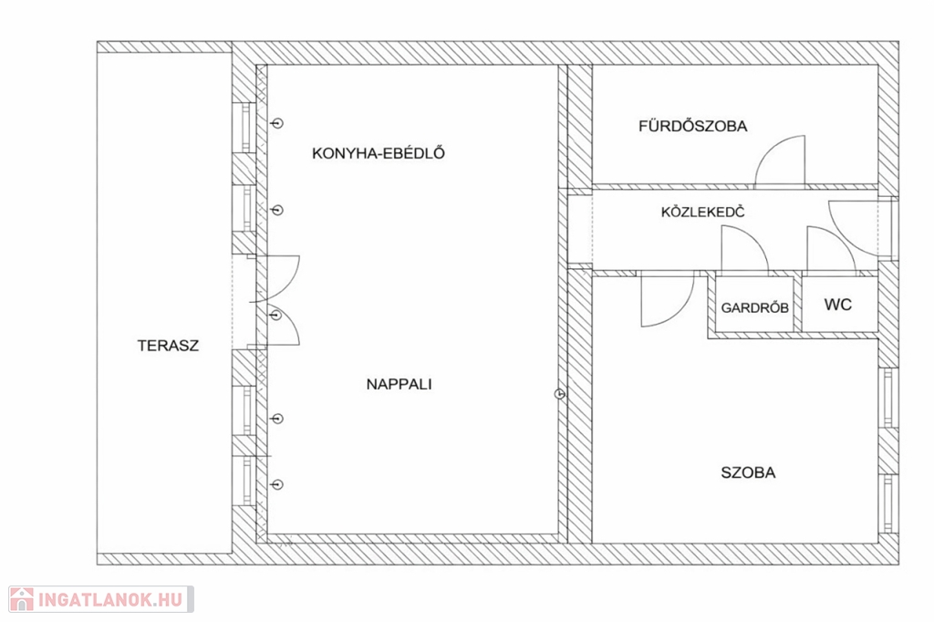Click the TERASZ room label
point(168,346)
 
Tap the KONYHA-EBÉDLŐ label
point(379,153)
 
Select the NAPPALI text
point(400,384)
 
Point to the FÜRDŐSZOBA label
point(693,126)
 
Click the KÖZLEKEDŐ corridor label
point(703,213)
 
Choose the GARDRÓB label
point(754,307)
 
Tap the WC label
point(838,305)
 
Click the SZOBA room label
point(748,472)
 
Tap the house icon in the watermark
point(22,599)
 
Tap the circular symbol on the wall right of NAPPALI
point(559,394)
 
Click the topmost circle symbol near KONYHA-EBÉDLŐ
point(277,123)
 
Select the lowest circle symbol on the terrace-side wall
point(277,484)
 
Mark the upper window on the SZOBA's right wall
point(887,398)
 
